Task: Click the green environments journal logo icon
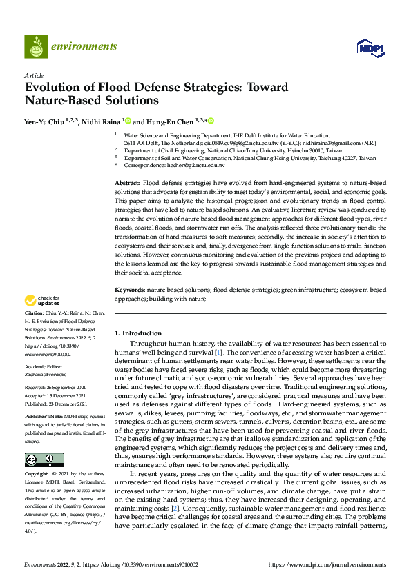pos(37,46)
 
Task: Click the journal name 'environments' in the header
pos(84,46)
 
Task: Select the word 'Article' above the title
pos(34,75)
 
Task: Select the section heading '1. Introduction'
pos(138,333)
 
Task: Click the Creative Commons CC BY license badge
pos(44,460)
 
